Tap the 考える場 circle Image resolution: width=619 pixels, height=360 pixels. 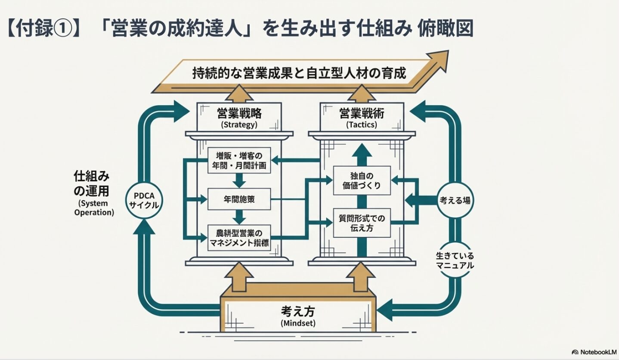tap(454, 200)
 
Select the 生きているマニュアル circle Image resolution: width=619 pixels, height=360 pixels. tap(455, 260)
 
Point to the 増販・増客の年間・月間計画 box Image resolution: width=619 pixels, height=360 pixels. tap(239, 161)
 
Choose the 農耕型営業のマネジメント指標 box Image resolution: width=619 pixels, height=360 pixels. tap(239, 237)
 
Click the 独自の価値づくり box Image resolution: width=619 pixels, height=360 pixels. tap(362, 180)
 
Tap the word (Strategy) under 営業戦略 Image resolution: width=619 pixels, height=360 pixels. tap(239, 125)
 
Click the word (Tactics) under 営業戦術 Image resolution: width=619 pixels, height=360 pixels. tap(362, 125)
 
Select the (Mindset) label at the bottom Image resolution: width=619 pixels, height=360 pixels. tap(298, 323)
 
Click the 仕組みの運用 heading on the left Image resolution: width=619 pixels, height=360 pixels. tap(91, 183)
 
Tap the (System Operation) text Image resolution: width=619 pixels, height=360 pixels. tap(94, 208)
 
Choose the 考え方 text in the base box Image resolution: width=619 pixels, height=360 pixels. tap(298, 310)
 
